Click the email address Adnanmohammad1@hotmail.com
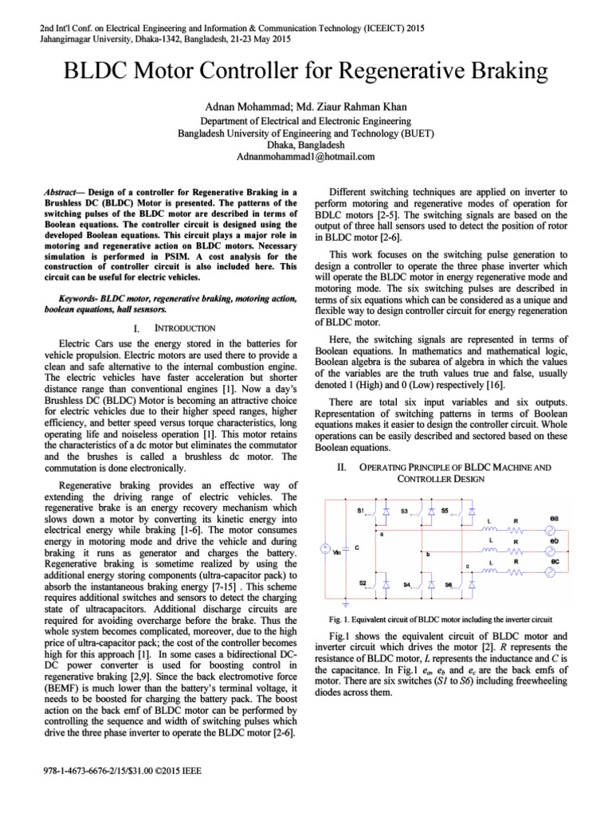[305, 158]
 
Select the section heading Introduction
[183, 328]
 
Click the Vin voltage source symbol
[325, 548]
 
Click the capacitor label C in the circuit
[356, 547]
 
